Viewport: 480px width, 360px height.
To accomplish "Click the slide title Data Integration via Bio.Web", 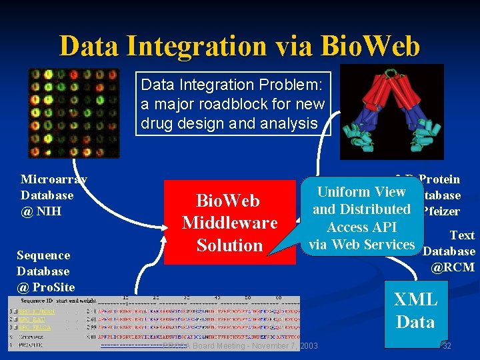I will [239, 46].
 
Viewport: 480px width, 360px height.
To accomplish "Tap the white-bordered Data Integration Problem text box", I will [233, 104].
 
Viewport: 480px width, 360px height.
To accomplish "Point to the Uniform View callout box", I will [361, 218].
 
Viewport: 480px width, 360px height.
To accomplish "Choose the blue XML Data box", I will [415, 311].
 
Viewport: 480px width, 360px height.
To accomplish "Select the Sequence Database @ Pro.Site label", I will [45, 271].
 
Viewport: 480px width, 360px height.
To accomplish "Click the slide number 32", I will [447, 345].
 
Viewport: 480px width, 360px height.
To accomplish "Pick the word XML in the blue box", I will [415, 299].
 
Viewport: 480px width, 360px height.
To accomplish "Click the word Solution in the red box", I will [229, 245].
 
